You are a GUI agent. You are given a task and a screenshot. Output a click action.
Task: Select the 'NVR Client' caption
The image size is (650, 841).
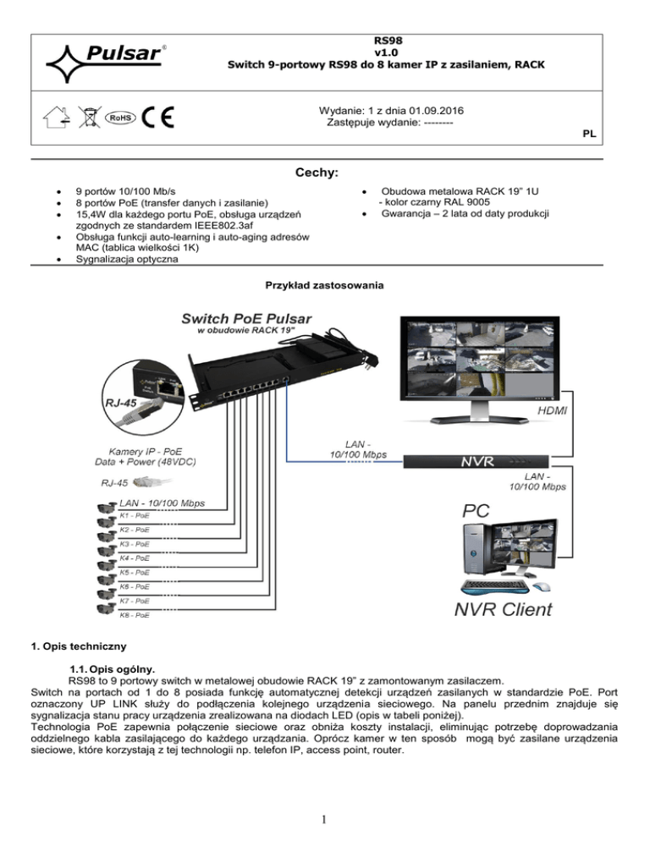click(499, 607)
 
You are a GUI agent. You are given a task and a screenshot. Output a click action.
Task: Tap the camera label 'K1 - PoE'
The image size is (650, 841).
click(135, 514)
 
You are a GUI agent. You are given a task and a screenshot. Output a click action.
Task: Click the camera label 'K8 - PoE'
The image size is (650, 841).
click(135, 615)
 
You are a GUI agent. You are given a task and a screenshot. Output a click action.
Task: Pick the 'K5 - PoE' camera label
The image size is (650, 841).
click(135, 572)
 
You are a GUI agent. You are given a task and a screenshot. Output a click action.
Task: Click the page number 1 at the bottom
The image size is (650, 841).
click(324, 819)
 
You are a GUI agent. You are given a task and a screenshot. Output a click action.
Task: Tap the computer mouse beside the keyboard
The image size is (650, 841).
click(542, 587)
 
